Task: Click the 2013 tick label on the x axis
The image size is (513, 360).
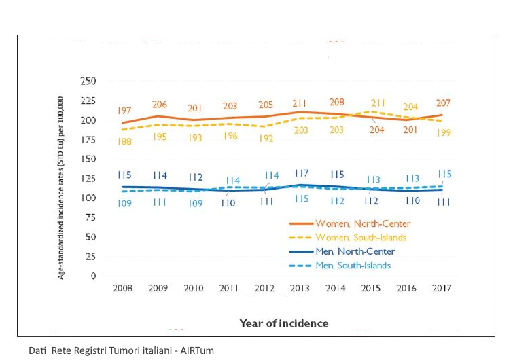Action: pos(300,288)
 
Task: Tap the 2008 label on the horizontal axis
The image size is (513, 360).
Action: pos(122,288)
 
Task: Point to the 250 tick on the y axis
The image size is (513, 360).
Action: pos(88,81)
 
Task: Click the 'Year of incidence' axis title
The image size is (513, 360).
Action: pos(283,323)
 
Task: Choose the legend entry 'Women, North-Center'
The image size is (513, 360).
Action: pos(362,223)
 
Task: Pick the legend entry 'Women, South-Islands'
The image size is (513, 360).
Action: pos(362,238)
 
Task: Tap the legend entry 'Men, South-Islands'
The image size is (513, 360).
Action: pos(357,266)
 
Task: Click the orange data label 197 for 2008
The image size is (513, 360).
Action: pos(124,110)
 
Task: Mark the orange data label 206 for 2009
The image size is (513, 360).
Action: pos(159,105)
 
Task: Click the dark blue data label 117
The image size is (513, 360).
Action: pos(301,174)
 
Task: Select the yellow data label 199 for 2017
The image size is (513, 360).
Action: pos(444,133)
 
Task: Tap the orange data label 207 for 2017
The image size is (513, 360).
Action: pos(444,103)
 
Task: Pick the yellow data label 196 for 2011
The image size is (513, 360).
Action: pos(230,136)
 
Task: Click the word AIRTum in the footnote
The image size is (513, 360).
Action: pos(197,350)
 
